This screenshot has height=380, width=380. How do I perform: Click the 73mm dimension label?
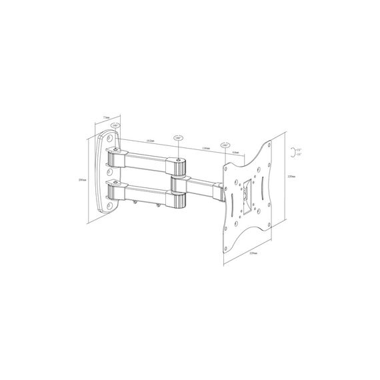107,117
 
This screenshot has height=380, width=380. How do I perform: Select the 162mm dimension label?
150,141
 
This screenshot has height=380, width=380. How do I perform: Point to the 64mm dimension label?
237,151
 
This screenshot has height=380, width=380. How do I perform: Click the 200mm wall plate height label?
81,179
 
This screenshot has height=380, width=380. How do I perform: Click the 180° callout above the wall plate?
116,125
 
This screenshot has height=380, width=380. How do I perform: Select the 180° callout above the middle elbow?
179,138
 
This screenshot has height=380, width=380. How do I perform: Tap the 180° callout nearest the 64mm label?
225,144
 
